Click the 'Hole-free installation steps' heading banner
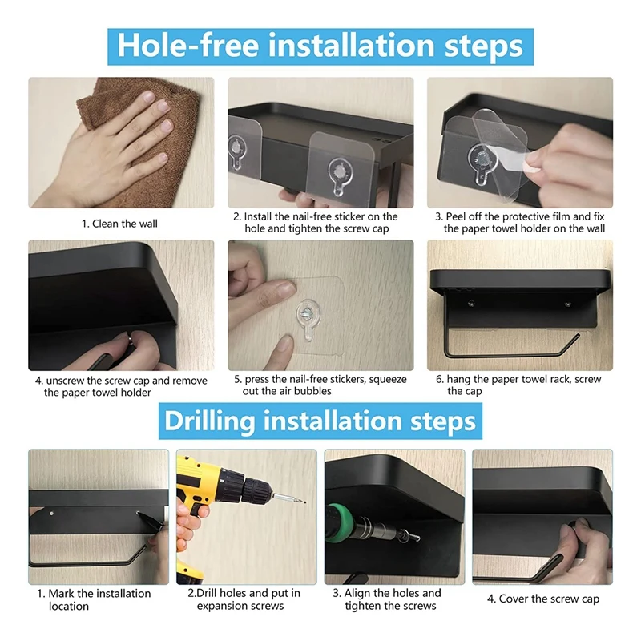[x=320, y=46]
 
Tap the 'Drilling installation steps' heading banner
[x=320, y=421]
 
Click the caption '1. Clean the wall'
[x=119, y=224]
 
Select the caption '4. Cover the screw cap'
[x=543, y=599]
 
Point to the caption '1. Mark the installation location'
[x=94, y=599]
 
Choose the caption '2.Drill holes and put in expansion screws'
[x=244, y=599]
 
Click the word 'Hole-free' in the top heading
[x=188, y=46]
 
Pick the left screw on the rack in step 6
[x=471, y=304]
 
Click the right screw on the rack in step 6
[x=567, y=304]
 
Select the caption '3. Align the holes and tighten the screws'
[x=387, y=599]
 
